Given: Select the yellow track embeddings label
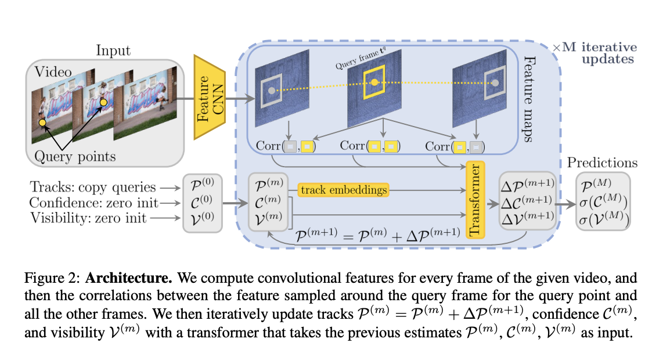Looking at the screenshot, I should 343,190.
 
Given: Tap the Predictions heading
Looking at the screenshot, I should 602,163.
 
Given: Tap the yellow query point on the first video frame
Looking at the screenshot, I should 42,123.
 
